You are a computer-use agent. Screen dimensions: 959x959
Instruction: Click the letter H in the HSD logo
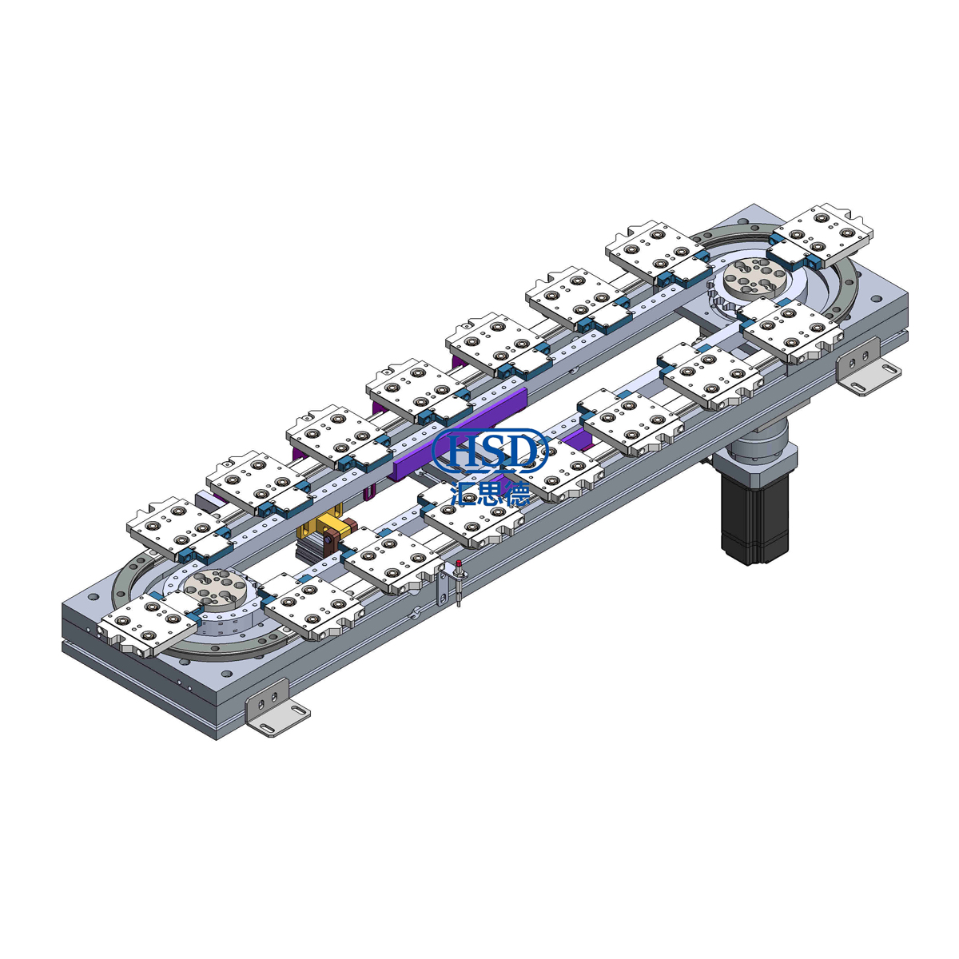click(x=462, y=451)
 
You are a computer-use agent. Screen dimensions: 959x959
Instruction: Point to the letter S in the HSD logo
click(x=493, y=451)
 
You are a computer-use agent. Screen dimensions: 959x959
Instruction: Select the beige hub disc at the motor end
click(x=750, y=281)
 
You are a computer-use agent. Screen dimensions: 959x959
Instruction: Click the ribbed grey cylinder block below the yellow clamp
click(x=315, y=550)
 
